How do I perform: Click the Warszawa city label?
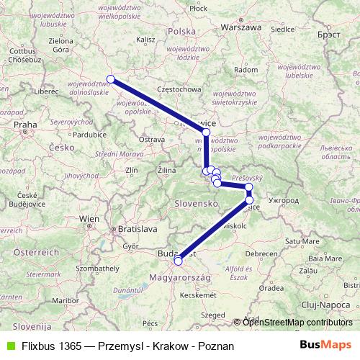[241, 28]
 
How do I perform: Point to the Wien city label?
[90, 218]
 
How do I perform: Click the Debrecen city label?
[261, 253]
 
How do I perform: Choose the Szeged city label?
[212, 315]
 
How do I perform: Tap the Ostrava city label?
[153, 139]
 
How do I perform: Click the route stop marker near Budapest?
[178, 261]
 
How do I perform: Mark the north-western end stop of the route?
[111, 79]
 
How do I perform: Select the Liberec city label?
[45, 92]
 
